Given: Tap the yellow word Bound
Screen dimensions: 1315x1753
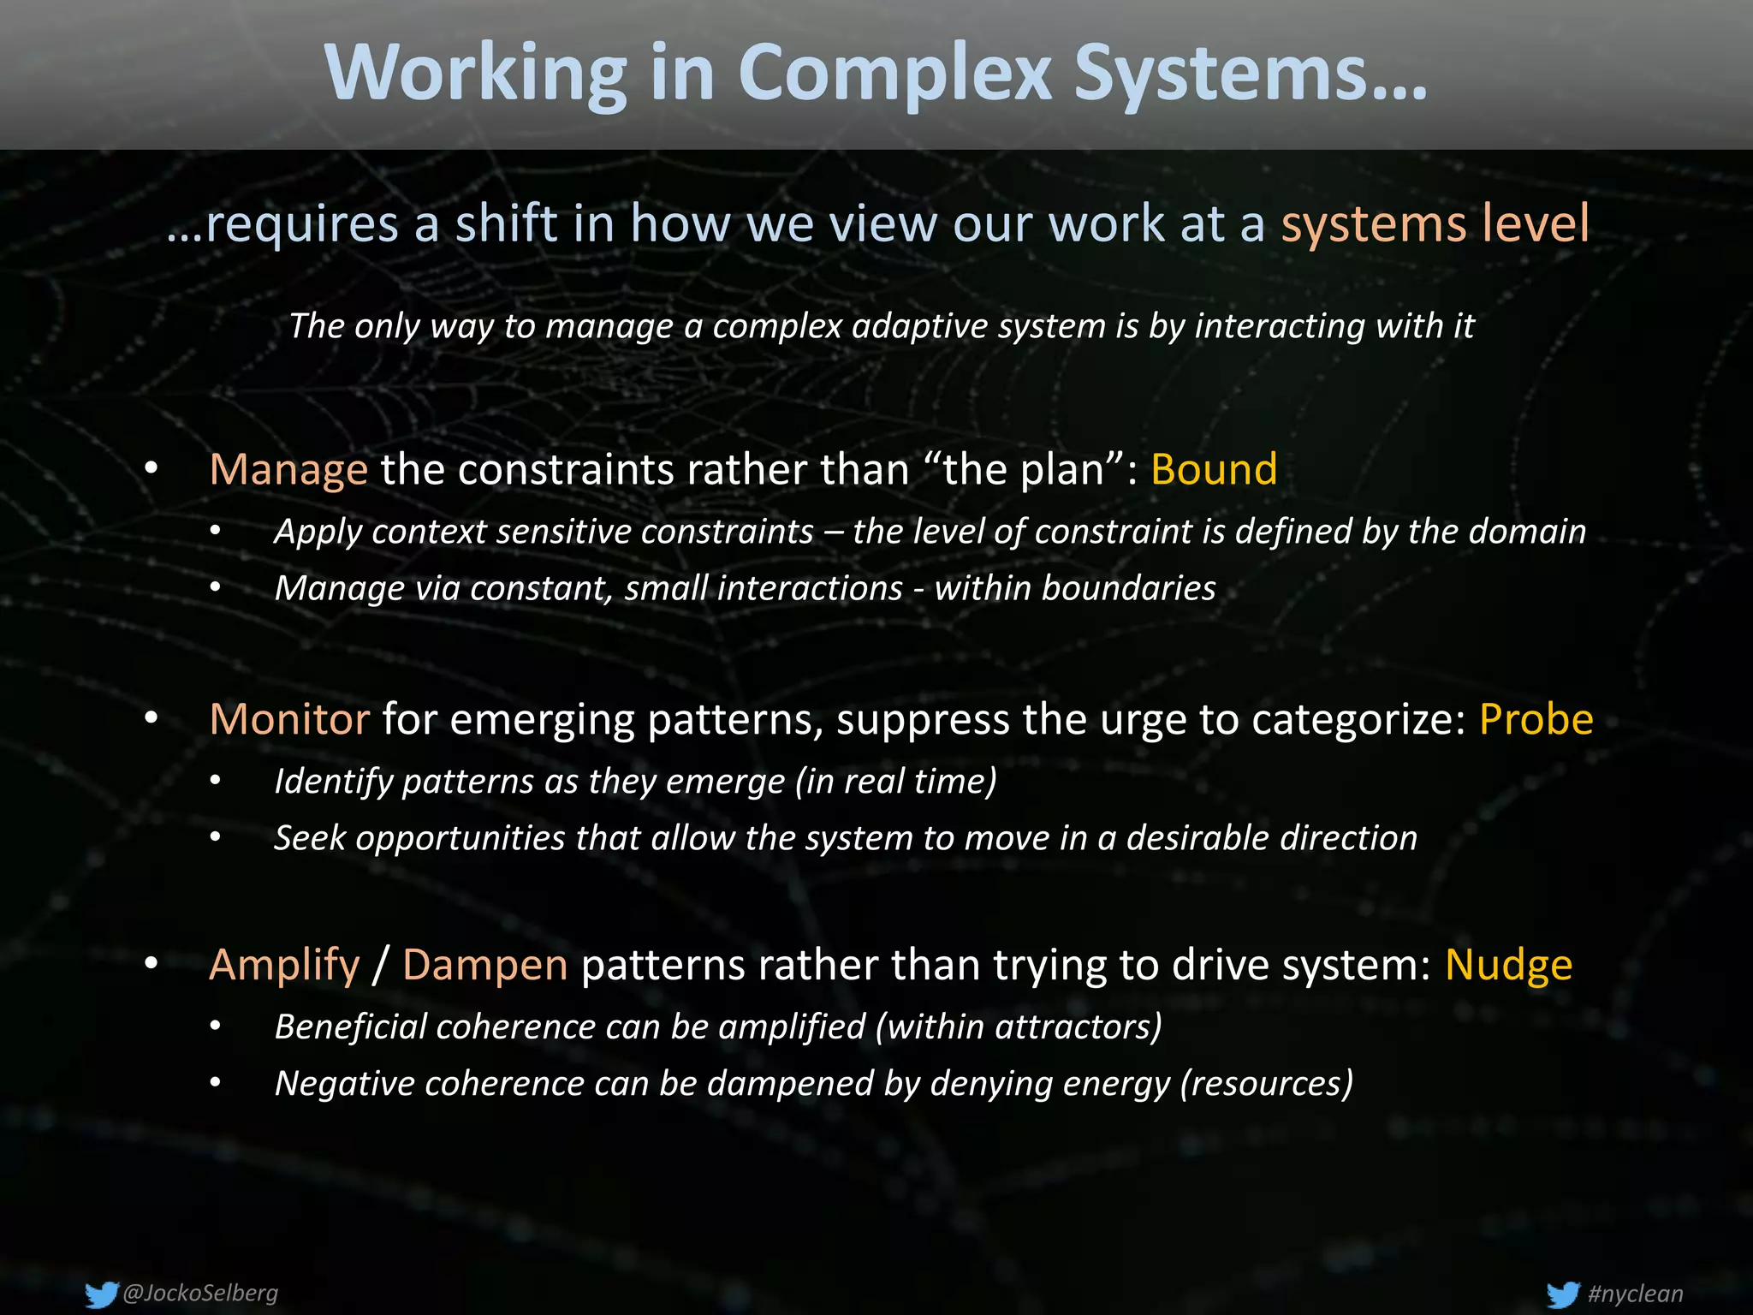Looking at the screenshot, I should tap(1214, 469).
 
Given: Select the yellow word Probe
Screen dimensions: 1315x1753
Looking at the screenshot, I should tap(1536, 719).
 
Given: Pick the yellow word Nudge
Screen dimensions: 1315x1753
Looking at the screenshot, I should tap(1508, 965).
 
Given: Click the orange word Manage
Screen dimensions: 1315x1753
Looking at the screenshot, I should tap(288, 469).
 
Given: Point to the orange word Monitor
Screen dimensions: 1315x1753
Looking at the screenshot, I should tap(289, 719).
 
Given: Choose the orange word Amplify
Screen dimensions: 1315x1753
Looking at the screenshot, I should tap(284, 965).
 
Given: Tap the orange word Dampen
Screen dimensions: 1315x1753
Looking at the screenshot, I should tap(484, 965).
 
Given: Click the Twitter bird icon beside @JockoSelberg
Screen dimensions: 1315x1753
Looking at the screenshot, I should tap(101, 1294).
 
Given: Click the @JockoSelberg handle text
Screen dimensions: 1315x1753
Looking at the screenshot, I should tap(200, 1293).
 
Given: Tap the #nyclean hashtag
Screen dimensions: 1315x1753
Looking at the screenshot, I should tap(1635, 1294).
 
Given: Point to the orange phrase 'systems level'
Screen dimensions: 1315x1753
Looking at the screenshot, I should tap(1435, 223).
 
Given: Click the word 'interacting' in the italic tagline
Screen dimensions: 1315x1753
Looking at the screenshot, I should tap(1280, 326).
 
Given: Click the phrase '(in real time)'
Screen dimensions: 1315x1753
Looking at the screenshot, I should tap(895, 781).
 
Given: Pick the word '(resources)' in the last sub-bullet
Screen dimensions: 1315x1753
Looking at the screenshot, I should tap(1266, 1083).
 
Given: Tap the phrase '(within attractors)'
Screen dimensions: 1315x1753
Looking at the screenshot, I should tap(1019, 1026).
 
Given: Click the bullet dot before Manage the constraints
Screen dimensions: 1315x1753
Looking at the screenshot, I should tap(152, 467).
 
